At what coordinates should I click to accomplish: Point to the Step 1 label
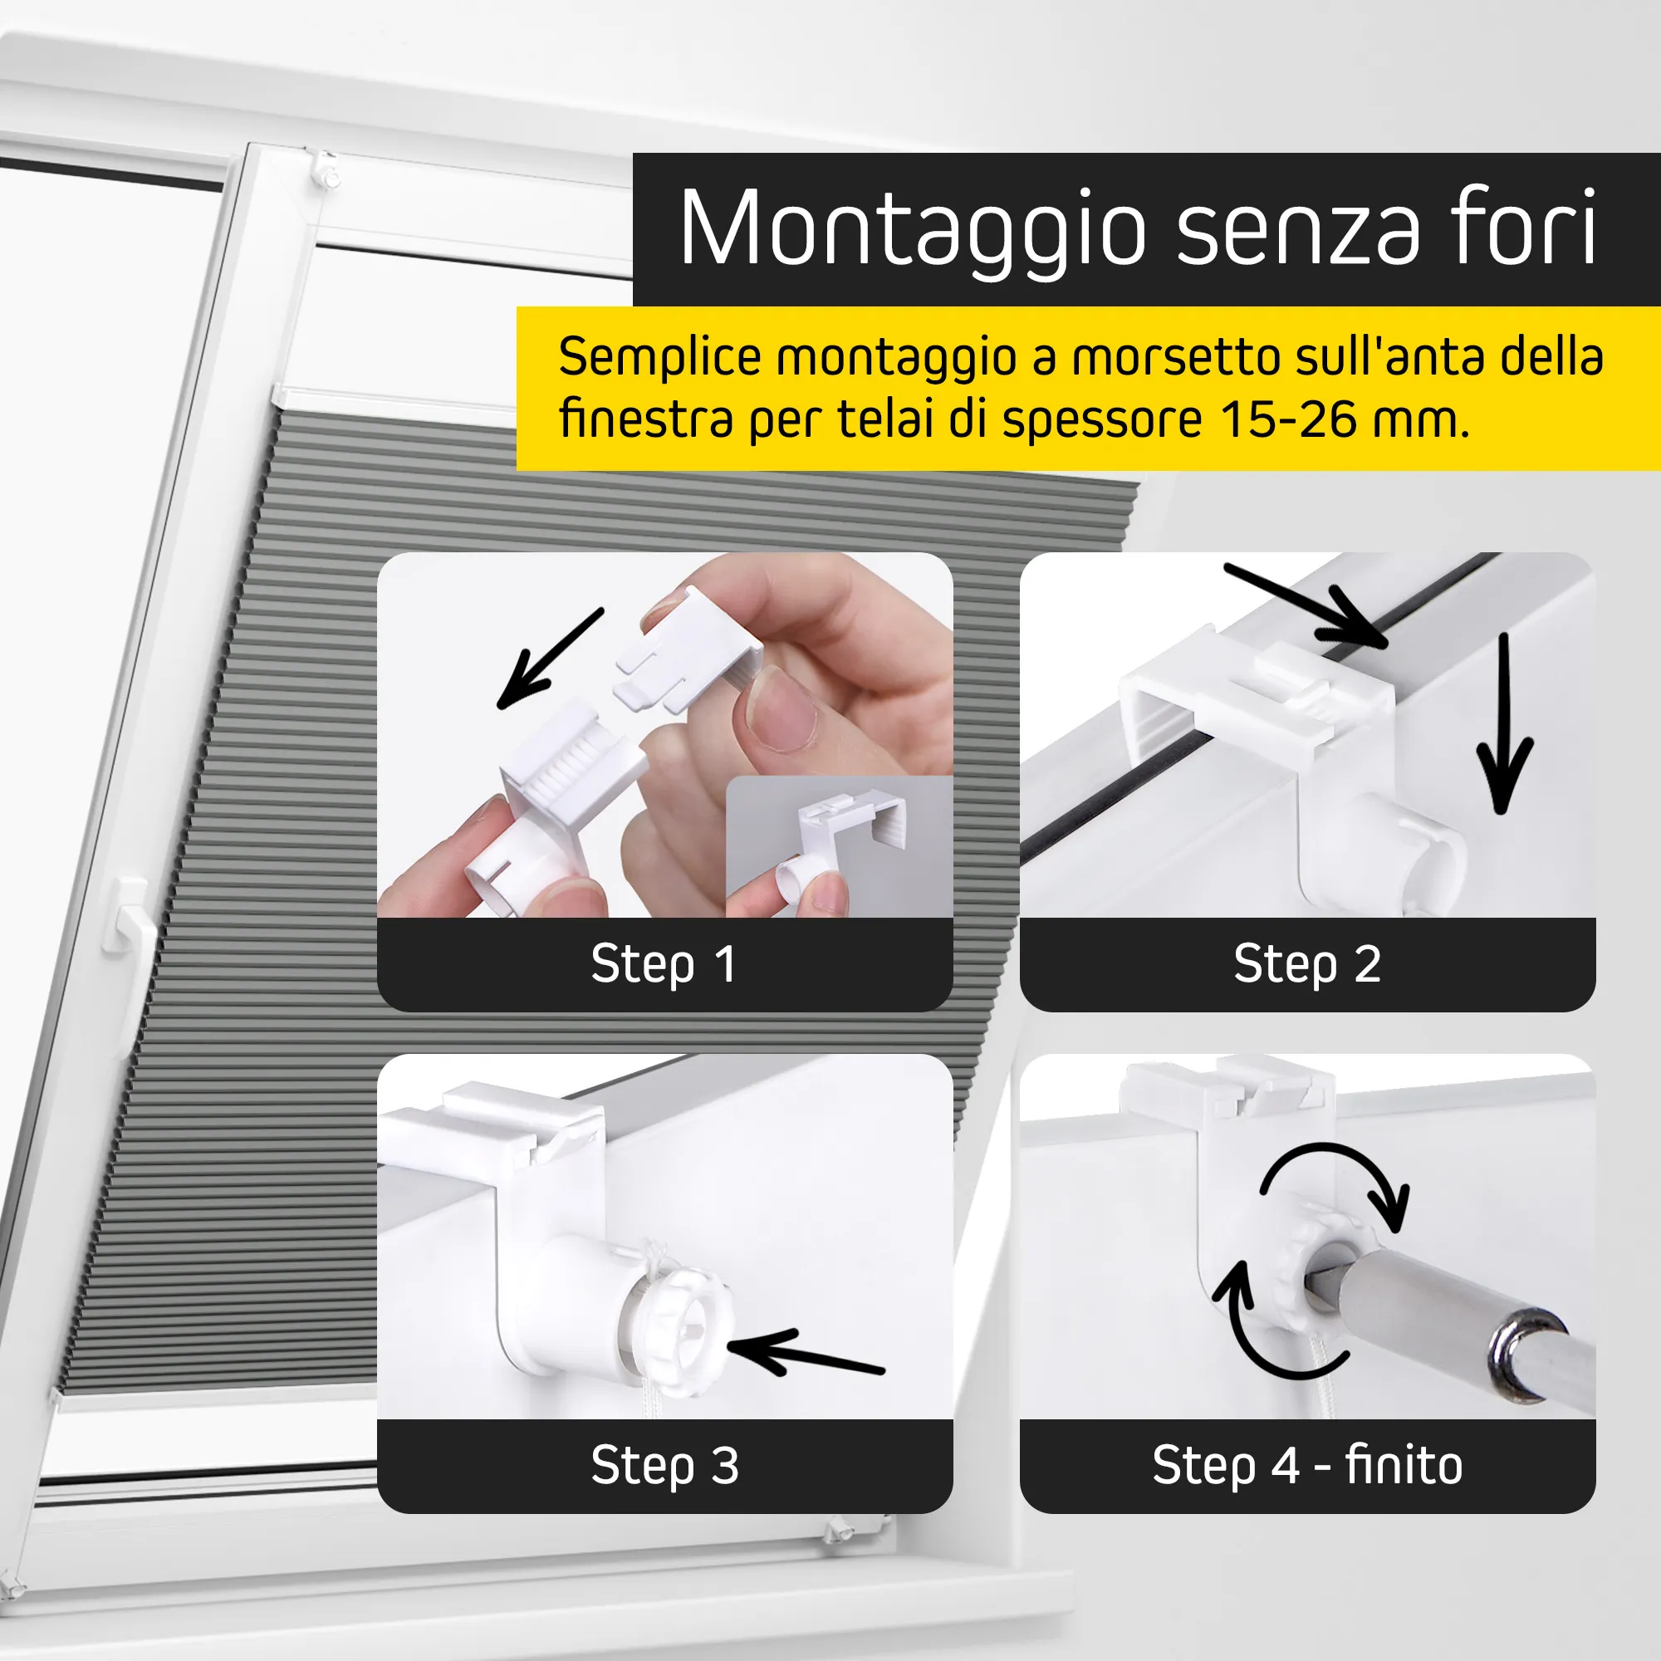pyautogui.click(x=664, y=963)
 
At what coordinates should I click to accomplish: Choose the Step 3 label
pyautogui.click(x=664, y=1466)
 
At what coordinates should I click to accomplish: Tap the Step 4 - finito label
pyautogui.click(x=1306, y=1465)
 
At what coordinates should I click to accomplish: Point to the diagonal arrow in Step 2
pyautogui.click(x=1306, y=605)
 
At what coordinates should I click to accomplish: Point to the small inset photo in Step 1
pyautogui.click(x=839, y=847)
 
